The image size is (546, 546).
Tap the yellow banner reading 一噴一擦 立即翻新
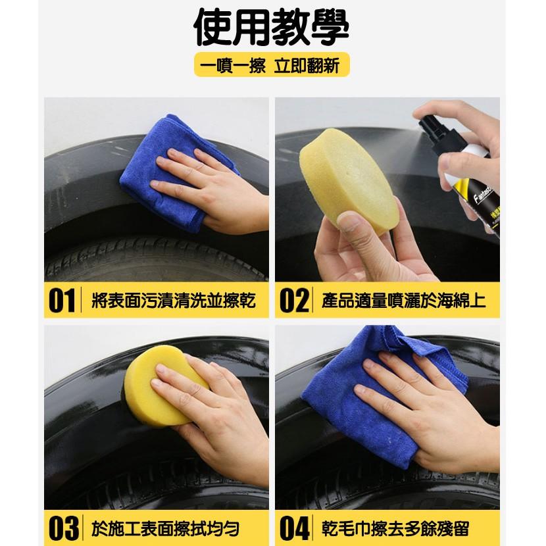(x=271, y=66)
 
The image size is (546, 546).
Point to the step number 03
(x=61, y=528)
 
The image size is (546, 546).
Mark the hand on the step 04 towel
(x=421, y=408)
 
